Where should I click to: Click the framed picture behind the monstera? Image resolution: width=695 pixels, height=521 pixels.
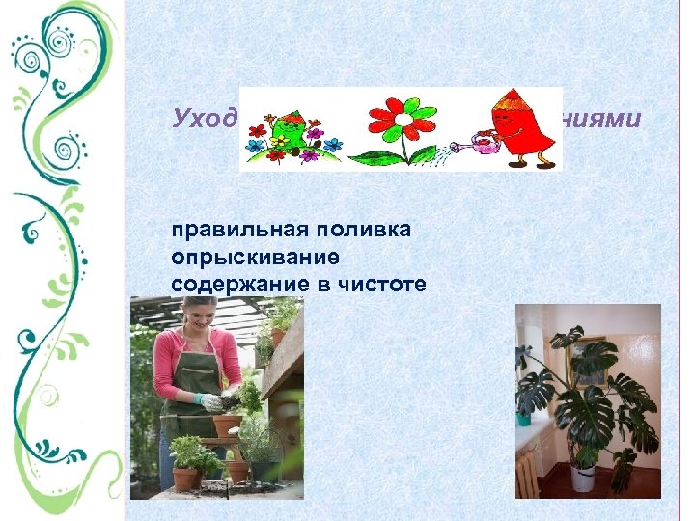coord(587,359)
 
